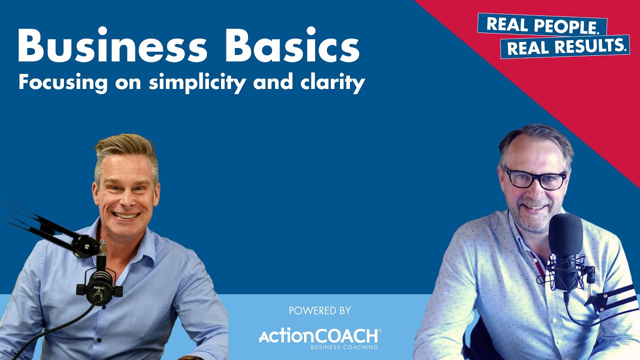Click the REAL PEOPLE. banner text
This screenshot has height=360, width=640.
542,25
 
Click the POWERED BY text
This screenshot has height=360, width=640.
320,311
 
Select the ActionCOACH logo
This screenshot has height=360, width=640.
319,336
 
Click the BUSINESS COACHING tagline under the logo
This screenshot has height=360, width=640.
344,347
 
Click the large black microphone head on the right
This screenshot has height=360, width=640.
565,235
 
